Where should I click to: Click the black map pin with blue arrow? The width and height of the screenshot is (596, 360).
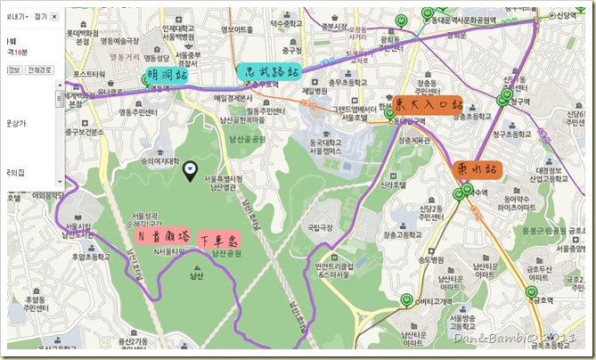[190, 170]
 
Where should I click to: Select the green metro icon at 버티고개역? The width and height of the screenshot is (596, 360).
[407, 299]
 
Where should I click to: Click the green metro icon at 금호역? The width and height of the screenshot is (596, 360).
[533, 292]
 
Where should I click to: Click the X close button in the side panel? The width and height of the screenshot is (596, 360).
[53, 16]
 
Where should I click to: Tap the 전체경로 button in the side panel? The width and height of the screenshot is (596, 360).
[40, 70]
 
